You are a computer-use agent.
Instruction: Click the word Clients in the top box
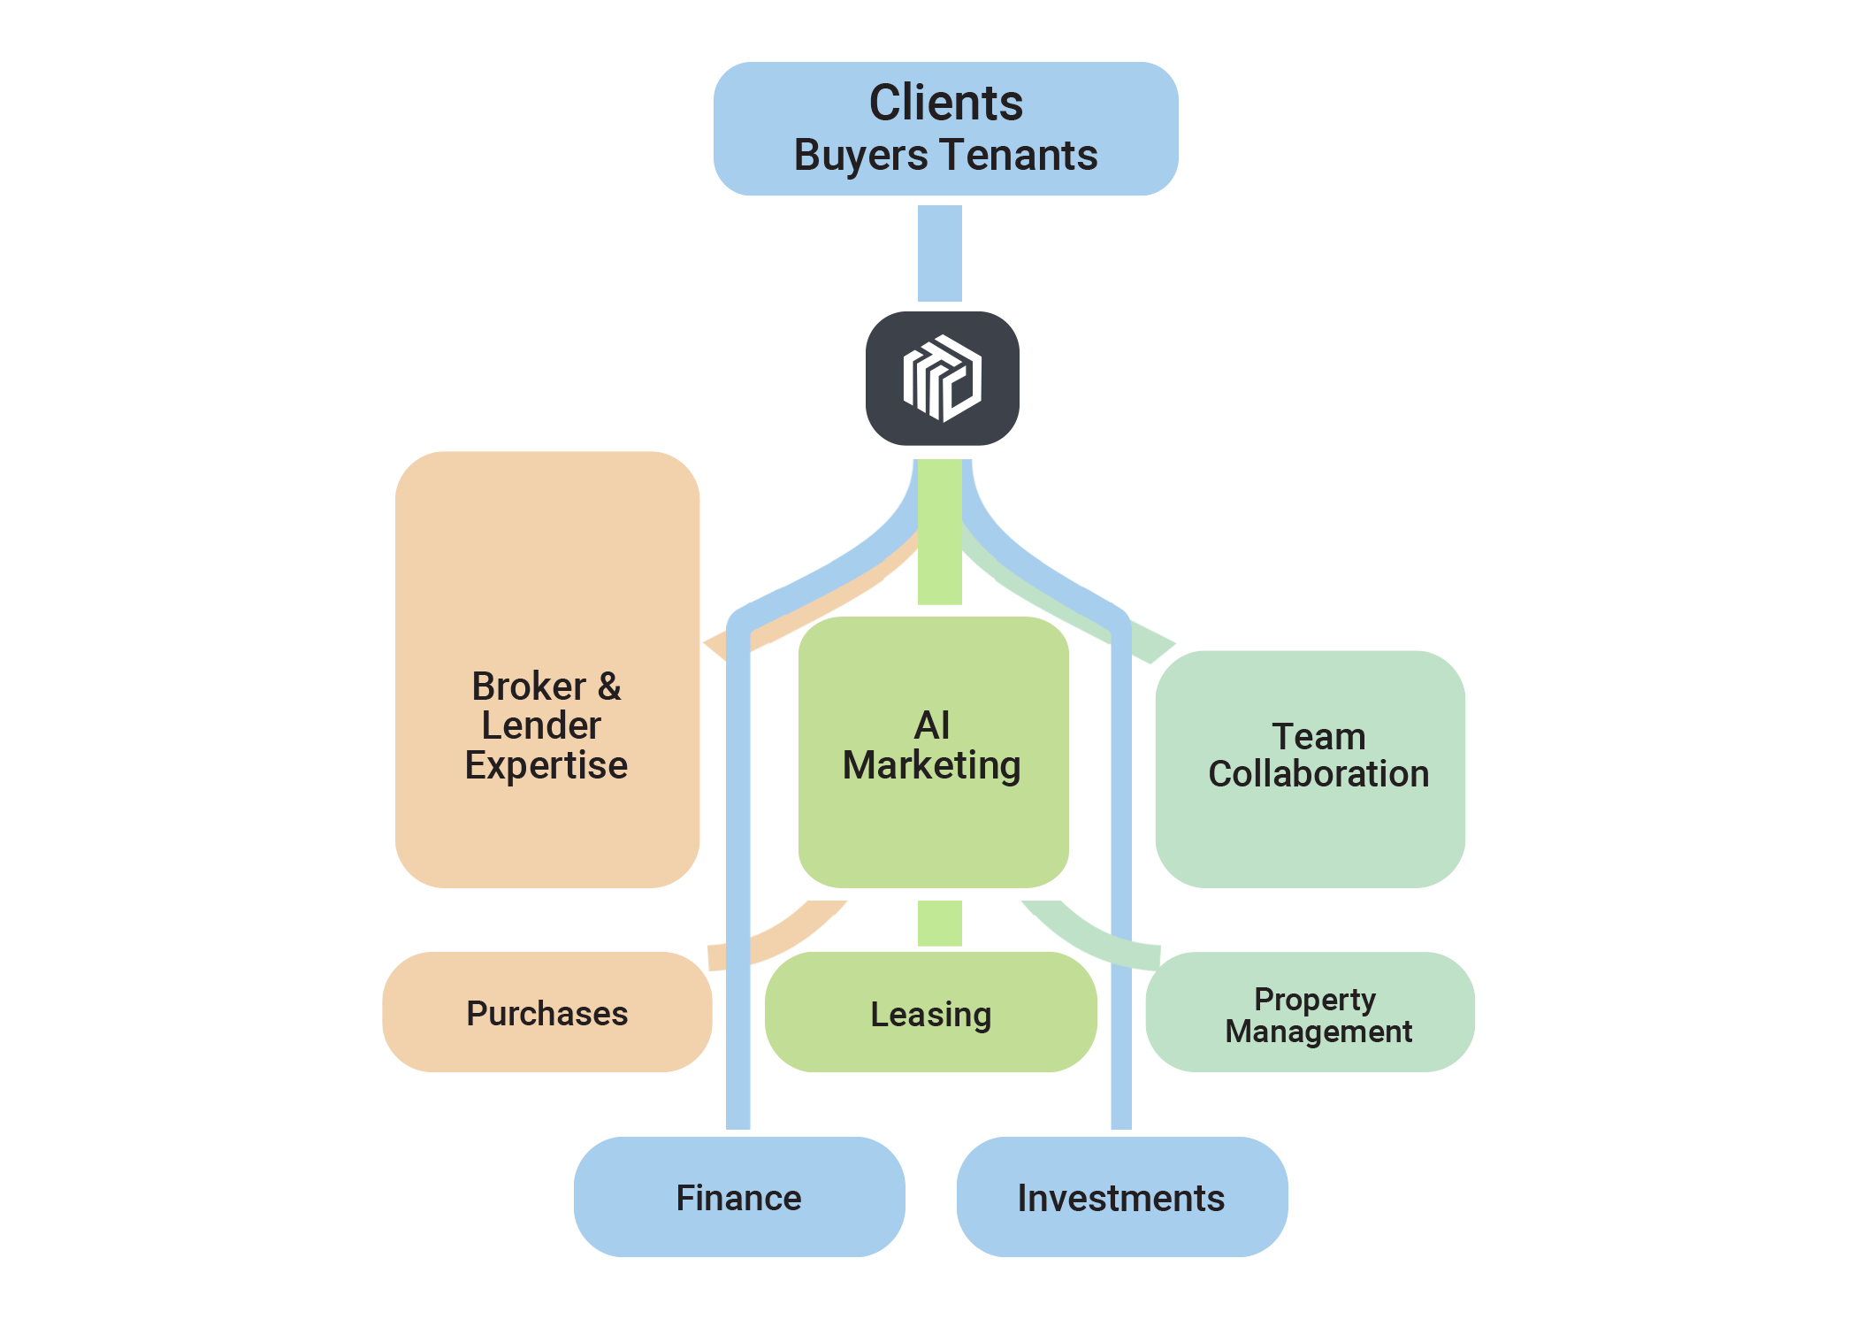[x=945, y=103]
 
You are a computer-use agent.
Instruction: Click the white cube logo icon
[x=942, y=378]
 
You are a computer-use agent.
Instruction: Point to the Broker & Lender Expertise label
[x=546, y=725]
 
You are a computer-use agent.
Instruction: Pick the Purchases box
[x=546, y=1013]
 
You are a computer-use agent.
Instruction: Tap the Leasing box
[x=930, y=1013]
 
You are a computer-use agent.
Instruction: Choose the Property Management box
[x=1310, y=1013]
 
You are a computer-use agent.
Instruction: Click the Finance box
[x=738, y=1197]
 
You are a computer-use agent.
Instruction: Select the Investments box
[x=1120, y=1197]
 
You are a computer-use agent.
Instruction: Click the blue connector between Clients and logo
[x=939, y=253]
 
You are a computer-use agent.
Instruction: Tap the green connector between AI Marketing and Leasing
[x=939, y=923]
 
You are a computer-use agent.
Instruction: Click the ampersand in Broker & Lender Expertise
[x=609, y=687]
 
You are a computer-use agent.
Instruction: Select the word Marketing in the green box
[x=931, y=765]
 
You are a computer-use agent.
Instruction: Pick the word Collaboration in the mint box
[x=1318, y=774]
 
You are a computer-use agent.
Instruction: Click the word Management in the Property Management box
[x=1318, y=1032]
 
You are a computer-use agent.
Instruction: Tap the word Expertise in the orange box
[x=546, y=765]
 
